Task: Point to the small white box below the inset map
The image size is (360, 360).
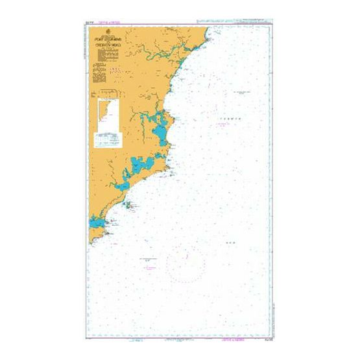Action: coord(108,138)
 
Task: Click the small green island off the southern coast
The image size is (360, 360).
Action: coord(130,207)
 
